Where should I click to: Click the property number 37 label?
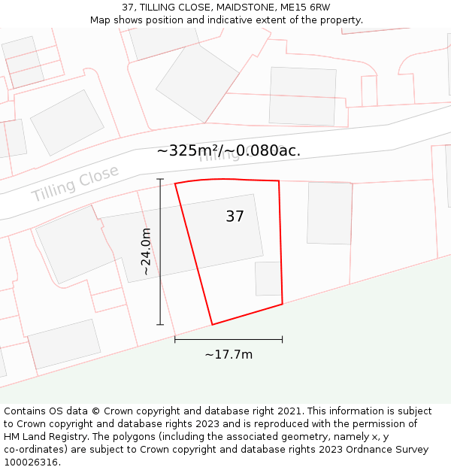pyautogui.click(x=235, y=217)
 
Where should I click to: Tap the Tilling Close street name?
pyautogui.click(x=75, y=183)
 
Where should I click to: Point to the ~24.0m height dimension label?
pyautogui.click(x=147, y=252)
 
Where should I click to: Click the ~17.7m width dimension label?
pyautogui.click(x=229, y=355)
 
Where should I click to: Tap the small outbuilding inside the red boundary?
pyautogui.click(x=268, y=278)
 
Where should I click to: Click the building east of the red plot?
pyautogui.click(x=329, y=213)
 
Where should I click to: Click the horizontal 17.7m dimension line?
pyautogui.click(x=229, y=339)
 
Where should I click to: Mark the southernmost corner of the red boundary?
pyautogui.click(x=212, y=325)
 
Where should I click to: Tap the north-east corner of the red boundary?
pyautogui.click(x=279, y=180)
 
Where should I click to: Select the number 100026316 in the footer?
pyautogui.click(x=32, y=462)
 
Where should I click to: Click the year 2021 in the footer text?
pyautogui.click(x=291, y=411)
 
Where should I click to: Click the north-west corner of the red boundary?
pyautogui.click(x=175, y=183)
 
